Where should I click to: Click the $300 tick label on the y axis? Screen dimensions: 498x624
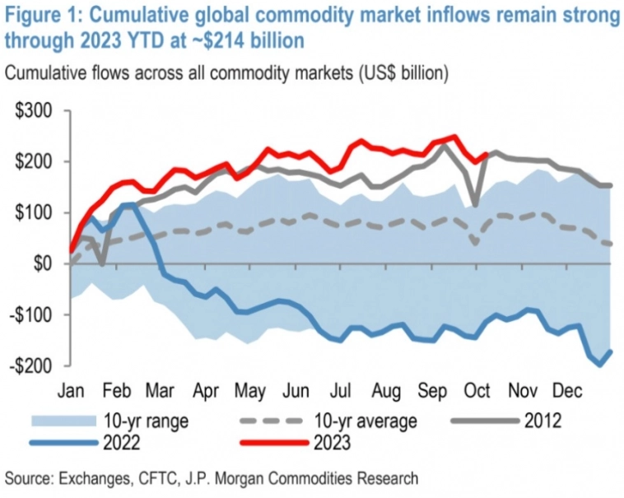(x=33, y=111)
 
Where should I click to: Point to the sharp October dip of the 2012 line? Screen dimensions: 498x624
(x=475, y=205)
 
